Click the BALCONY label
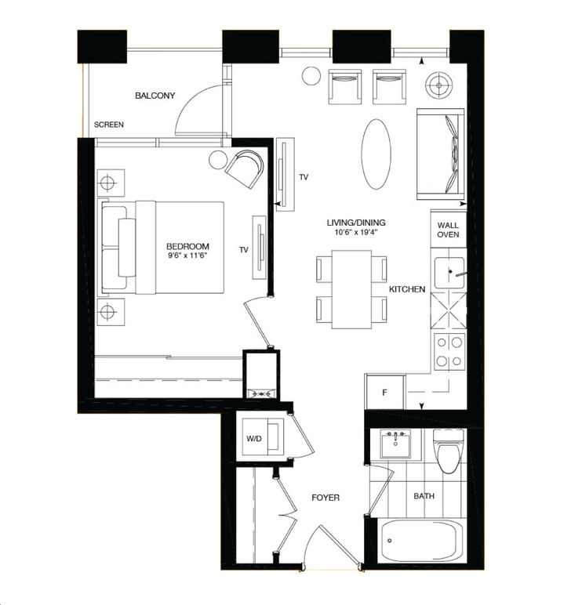(x=155, y=96)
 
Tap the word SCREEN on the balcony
(x=108, y=125)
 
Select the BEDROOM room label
(x=187, y=245)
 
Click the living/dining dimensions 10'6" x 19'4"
(x=356, y=233)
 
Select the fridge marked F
(x=385, y=392)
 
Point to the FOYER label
(x=325, y=498)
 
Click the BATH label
(x=424, y=496)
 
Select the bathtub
(x=422, y=541)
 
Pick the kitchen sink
(x=449, y=273)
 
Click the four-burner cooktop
(x=449, y=350)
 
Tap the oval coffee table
(x=376, y=154)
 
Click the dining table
(x=351, y=289)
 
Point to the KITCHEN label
(x=407, y=289)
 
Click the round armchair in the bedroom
(x=245, y=168)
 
